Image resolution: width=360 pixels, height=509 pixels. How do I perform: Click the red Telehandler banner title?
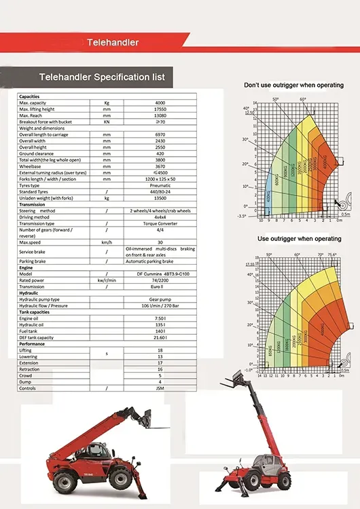113,42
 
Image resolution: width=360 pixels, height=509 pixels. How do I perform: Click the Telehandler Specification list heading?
103,77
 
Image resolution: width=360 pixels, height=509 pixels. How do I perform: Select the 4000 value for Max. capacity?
160,102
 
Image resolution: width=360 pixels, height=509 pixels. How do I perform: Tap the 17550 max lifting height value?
160,109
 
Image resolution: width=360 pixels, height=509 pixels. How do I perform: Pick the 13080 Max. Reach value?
160,115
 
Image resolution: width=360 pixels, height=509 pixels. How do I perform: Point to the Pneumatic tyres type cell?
160,185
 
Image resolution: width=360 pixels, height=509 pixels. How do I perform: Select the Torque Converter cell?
160,223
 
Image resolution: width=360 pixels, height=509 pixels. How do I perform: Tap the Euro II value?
160,286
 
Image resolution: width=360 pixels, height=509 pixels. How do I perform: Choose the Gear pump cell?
160,299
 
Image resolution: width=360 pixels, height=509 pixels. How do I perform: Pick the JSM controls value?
160,388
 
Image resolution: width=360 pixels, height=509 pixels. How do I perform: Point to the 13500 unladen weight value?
160,198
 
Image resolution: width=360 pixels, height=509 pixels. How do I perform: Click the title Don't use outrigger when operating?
294,85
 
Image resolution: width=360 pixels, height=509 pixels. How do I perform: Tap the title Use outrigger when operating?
299,239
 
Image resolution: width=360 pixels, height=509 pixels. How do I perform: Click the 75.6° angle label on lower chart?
332,255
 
